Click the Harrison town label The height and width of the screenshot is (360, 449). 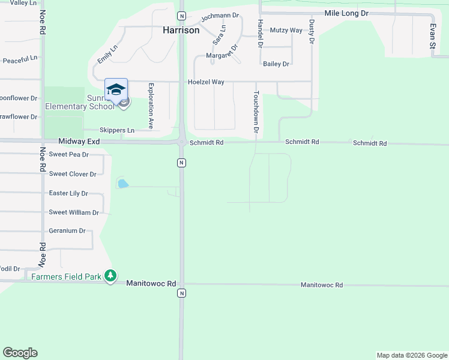tap(181, 29)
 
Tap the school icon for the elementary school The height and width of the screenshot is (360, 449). tap(116, 89)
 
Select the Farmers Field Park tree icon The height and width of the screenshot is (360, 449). tap(110, 276)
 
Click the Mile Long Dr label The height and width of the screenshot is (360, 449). tap(346, 13)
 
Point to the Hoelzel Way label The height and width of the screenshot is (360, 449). tap(205, 82)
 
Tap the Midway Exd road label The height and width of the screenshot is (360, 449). tap(79, 141)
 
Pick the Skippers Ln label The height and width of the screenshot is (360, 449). tap(117, 130)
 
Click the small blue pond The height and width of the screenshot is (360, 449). tap(123, 184)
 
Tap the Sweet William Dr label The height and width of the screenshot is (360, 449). tap(74, 212)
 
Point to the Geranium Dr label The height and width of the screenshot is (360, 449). tap(67, 230)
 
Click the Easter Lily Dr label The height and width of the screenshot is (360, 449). tap(68, 193)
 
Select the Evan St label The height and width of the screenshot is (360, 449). tap(432, 36)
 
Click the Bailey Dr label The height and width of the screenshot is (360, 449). tap(276, 64)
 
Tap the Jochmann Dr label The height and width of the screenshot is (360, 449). tap(220, 16)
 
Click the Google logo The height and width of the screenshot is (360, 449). tap(20, 353)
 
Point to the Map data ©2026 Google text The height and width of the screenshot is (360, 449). tap(412, 355)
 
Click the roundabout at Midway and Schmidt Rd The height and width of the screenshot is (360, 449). tap(181, 142)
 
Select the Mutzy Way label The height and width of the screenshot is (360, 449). tap(286, 30)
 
